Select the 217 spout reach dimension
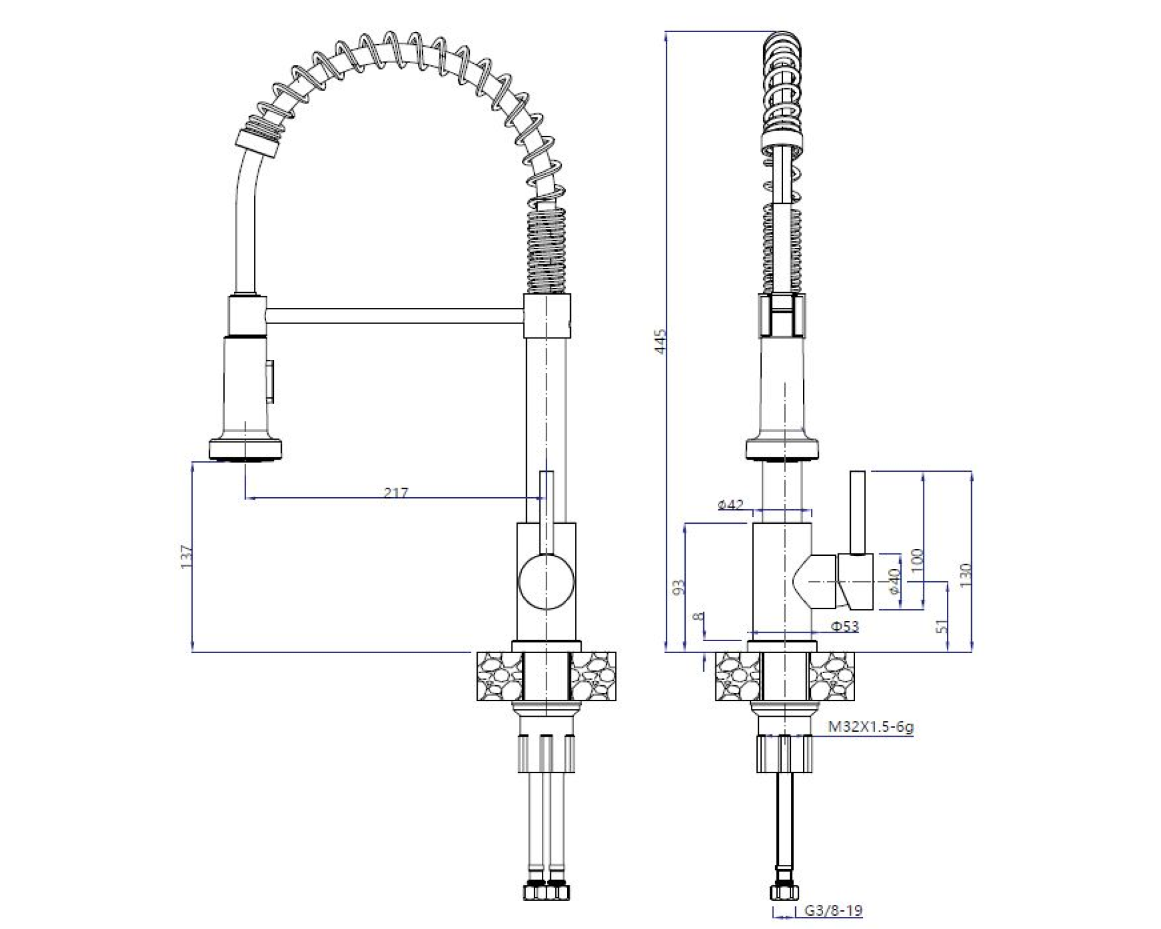click(396, 493)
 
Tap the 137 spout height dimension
click(186, 556)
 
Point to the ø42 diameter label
click(730, 504)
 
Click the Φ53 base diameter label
click(844, 626)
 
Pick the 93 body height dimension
click(679, 587)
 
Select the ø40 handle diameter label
click(894, 581)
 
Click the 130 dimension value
click(965, 575)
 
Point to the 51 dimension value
click(941, 627)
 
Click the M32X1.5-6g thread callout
click(870, 726)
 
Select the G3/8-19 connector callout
click(833, 910)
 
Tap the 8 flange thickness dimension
click(699, 618)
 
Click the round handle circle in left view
click(546, 581)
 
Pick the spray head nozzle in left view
click(246, 451)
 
